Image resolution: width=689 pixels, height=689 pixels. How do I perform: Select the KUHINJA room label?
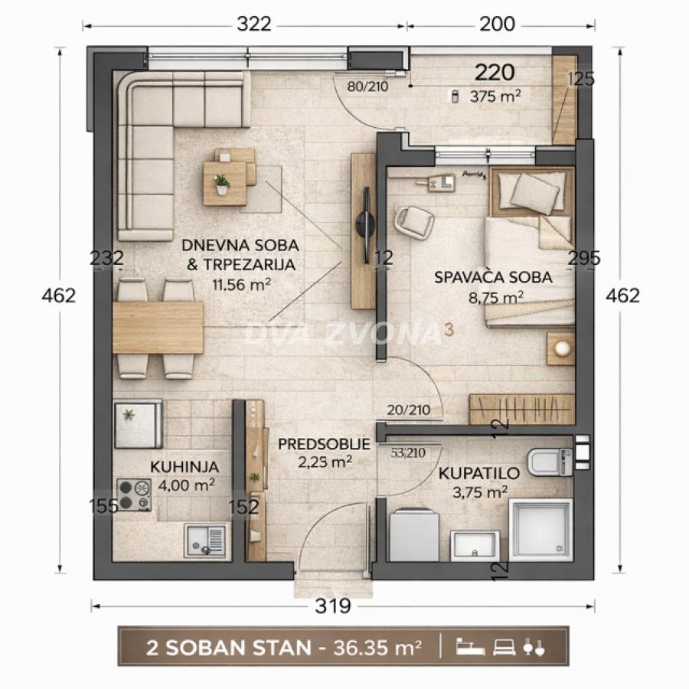[x=184, y=466]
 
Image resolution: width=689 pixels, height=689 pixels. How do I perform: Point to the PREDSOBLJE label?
[x=324, y=444]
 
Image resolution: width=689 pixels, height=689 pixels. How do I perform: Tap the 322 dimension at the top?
[x=253, y=24]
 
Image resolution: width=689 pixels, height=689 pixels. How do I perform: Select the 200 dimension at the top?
[x=497, y=24]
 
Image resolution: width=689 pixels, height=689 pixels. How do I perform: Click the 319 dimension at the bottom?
[x=333, y=606]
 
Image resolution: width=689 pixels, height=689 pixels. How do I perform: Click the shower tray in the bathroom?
[x=540, y=530]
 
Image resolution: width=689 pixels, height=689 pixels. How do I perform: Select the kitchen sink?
[x=205, y=540]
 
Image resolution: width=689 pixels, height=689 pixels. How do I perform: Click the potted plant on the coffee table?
[x=222, y=183]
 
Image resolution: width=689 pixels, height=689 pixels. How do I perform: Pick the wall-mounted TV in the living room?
[x=364, y=227]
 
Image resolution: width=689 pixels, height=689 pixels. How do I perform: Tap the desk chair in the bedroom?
[x=414, y=222]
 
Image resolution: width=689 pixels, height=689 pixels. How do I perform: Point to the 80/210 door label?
[x=367, y=87]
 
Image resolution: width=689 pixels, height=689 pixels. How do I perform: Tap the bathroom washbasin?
[x=475, y=544]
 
